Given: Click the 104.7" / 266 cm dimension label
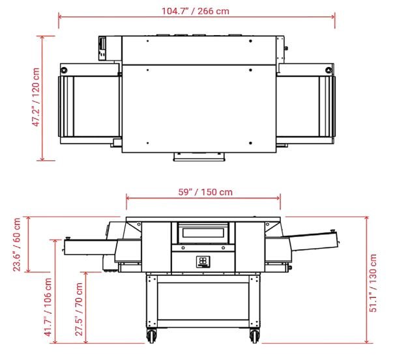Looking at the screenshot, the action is click(x=196, y=11).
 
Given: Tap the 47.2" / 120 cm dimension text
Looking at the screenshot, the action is click(x=36, y=97).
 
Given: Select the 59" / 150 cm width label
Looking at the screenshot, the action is click(x=205, y=192).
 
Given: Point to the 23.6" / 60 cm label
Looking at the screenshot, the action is click(x=17, y=245).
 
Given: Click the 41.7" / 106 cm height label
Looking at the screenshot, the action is click(x=48, y=307).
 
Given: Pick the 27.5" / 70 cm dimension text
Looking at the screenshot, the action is click(x=79, y=309).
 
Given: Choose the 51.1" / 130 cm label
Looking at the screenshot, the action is click(x=373, y=283).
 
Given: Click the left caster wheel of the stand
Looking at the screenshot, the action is click(x=151, y=336).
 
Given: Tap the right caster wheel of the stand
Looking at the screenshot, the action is click(x=254, y=336).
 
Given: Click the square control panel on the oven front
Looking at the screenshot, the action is click(x=203, y=262).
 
